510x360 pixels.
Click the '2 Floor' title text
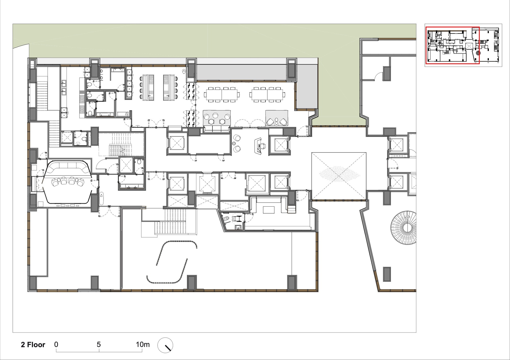(x=33, y=345)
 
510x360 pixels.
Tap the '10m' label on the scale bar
(x=143, y=344)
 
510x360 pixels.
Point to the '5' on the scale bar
(x=99, y=344)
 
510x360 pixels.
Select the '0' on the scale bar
(x=56, y=344)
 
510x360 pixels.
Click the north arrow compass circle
(x=165, y=345)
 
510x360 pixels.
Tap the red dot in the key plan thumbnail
(x=478, y=53)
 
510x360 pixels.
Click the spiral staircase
(x=404, y=228)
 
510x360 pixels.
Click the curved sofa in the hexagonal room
(x=67, y=168)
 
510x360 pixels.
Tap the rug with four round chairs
(x=217, y=118)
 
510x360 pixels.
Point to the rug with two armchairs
(x=277, y=118)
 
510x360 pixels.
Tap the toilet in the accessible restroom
(x=225, y=219)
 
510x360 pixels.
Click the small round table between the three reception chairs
(x=234, y=143)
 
